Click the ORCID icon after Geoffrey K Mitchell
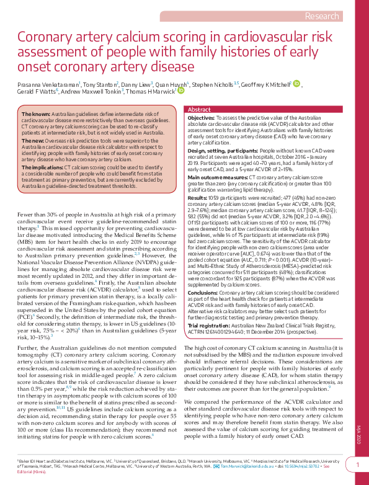pyautogui.click(x=296, y=83)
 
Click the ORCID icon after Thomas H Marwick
pyautogui.click(x=181, y=91)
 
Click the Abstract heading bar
pyautogui.click(x=267, y=109)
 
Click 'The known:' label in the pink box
pyautogui.click(x=36, y=115)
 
